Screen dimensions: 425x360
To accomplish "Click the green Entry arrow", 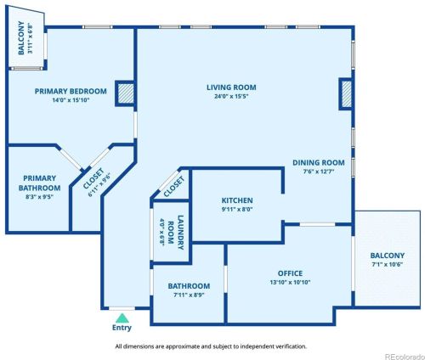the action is point(122,318).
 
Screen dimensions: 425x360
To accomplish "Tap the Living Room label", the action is point(231,87).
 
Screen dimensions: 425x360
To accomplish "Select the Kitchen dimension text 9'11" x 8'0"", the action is point(237,210).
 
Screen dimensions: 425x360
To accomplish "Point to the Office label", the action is point(290,273).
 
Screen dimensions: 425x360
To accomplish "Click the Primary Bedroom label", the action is point(71,92).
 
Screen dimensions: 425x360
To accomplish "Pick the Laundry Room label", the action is point(176,233).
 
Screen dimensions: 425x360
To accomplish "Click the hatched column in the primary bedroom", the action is point(125,93).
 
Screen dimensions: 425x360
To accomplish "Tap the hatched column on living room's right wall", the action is point(346,94).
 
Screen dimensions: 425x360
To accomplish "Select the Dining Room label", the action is point(319,163).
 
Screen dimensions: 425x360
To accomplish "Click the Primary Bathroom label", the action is point(39,183).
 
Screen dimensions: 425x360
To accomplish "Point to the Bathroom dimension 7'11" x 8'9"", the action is point(189,295).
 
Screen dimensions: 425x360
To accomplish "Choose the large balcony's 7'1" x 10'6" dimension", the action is point(388,264).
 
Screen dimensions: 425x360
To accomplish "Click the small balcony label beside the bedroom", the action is point(21,37).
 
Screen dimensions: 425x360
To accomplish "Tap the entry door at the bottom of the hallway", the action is point(122,308).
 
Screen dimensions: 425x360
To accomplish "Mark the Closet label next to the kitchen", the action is point(174,187).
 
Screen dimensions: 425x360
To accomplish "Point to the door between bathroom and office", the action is point(226,279).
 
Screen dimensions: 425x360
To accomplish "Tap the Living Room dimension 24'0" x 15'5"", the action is point(231,96).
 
